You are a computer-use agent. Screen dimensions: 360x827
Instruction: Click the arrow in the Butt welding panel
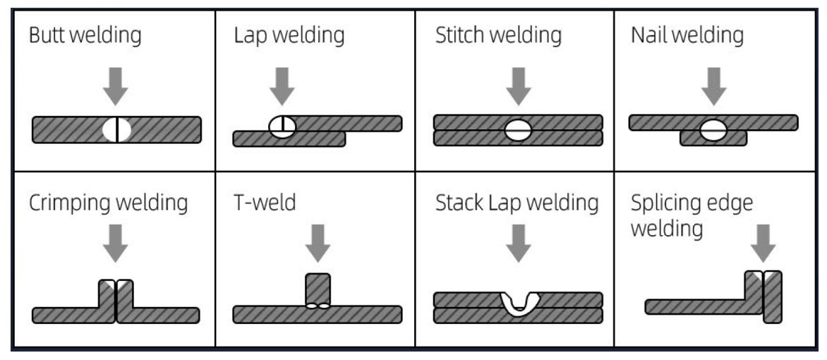(116, 86)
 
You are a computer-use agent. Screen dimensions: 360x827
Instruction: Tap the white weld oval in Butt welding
(116, 129)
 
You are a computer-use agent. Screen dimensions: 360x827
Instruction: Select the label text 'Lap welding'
(289, 35)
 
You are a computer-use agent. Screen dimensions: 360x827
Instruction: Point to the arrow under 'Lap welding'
(283, 86)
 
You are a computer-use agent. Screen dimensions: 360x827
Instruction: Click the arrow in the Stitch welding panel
(519, 86)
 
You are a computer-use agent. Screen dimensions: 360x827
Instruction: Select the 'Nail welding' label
(687, 35)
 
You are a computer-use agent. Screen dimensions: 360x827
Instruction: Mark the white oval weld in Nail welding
(713, 130)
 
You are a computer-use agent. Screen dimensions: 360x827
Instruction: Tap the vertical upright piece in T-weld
(318, 287)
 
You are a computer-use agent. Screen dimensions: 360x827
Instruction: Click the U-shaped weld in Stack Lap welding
(519, 304)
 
